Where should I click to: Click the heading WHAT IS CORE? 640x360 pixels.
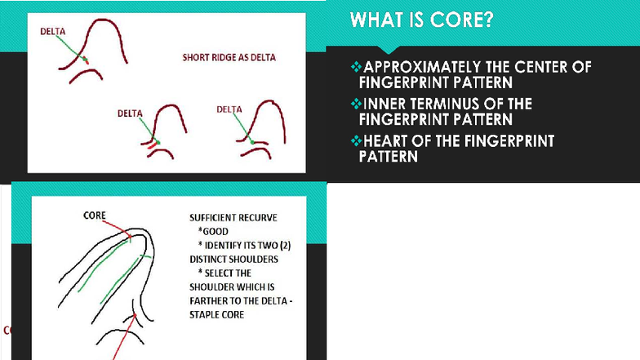click(x=421, y=20)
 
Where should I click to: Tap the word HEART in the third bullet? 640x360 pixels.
click(x=386, y=141)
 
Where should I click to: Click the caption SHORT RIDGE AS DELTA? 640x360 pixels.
click(x=228, y=58)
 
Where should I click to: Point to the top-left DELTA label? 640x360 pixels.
click(x=53, y=31)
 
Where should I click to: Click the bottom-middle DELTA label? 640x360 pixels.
click(x=131, y=113)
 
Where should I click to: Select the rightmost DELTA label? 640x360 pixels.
click(x=229, y=109)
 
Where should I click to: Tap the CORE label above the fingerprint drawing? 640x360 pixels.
click(x=95, y=216)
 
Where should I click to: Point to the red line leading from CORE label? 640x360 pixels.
click(x=118, y=230)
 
